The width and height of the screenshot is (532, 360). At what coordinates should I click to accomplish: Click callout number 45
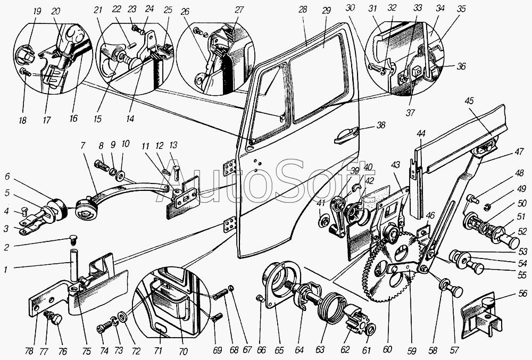pyautogui.click(x=470, y=101)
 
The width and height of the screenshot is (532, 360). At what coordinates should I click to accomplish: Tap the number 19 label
pyautogui.click(x=37, y=11)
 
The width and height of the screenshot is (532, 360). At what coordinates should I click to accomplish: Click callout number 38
pyautogui.click(x=381, y=125)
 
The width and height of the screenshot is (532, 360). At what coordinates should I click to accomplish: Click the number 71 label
pyautogui.click(x=158, y=350)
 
